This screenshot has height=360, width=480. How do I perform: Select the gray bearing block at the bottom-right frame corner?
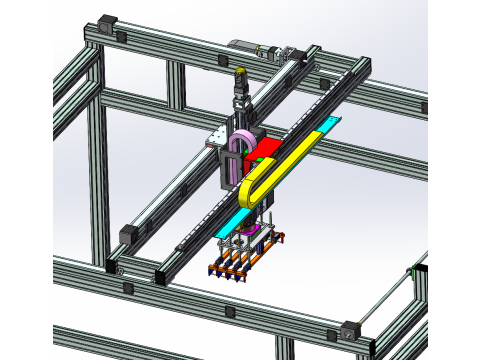pyautogui.click(x=348, y=331)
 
